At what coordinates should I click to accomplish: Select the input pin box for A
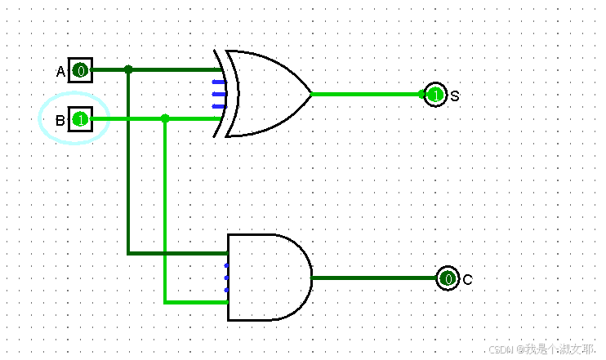click(x=79, y=70)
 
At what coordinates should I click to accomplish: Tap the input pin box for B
click(x=79, y=120)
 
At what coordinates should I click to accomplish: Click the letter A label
click(x=60, y=72)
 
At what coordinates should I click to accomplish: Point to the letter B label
click(x=60, y=121)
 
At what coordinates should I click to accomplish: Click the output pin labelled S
click(x=434, y=95)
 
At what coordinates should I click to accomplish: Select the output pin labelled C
click(x=448, y=278)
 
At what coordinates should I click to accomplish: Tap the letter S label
click(x=455, y=96)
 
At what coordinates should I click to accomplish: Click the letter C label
click(x=467, y=280)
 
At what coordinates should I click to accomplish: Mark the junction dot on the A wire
click(x=128, y=69)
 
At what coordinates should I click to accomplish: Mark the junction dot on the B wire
click(x=165, y=119)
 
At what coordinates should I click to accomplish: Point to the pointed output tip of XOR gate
click(x=310, y=94)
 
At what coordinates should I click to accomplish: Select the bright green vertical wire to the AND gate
click(x=165, y=212)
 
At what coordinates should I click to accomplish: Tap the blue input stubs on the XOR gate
click(x=218, y=94)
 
